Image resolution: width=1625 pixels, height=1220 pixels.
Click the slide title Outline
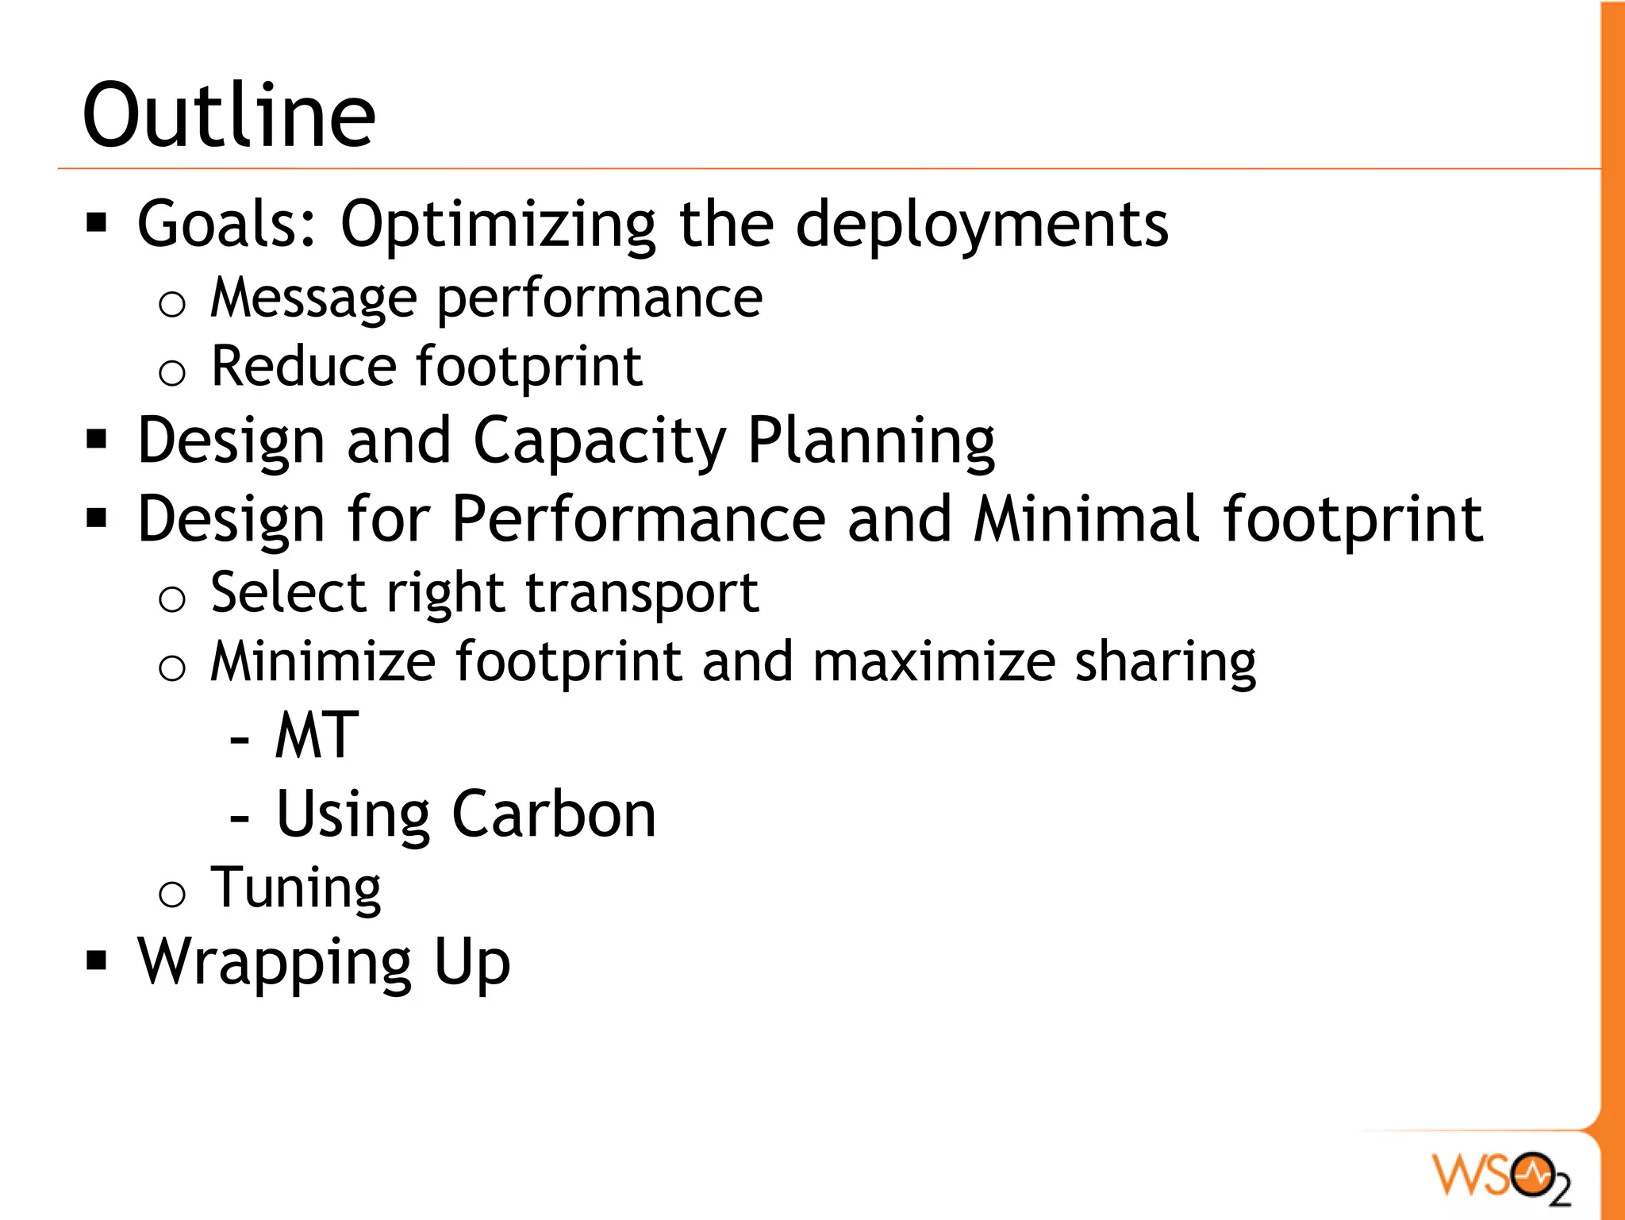[229, 117]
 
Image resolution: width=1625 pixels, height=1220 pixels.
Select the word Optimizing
[498, 225]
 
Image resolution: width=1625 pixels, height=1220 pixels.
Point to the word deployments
[982, 225]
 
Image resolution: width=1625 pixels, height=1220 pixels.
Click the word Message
[313, 299]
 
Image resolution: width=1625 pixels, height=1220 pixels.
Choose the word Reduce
[303, 367]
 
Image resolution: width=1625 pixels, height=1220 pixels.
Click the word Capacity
[599, 441]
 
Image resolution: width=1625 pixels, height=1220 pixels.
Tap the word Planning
[871, 441]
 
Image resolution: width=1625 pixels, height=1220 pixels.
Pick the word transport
[642, 593]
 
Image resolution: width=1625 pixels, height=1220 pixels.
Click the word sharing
[1165, 663]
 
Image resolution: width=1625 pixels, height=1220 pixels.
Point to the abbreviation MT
[317, 736]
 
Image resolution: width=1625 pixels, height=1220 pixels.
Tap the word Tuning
[296, 888]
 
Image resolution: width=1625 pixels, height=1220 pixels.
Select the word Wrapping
[275, 963]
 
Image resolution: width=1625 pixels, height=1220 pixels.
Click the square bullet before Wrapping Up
[97, 961]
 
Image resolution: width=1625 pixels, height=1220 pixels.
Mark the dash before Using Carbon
[239, 818]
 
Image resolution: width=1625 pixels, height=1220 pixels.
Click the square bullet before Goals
[97, 223]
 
